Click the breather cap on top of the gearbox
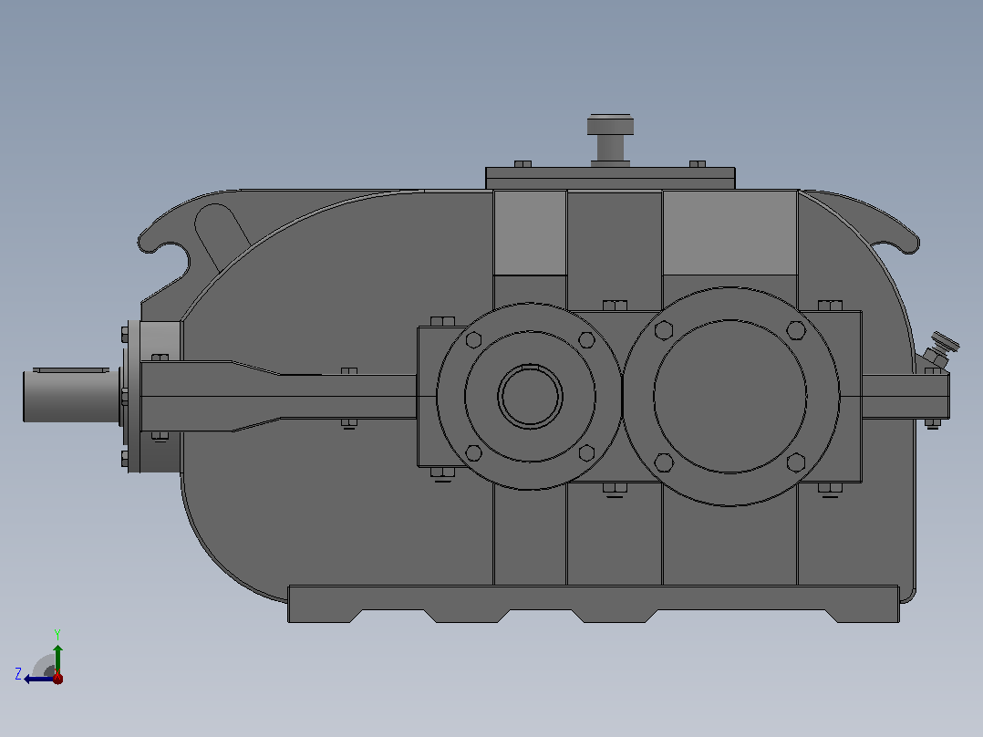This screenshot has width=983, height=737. (x=610, y=140)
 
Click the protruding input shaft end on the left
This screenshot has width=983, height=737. (x=72, y=396)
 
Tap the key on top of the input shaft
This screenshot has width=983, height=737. (x=71, y=370)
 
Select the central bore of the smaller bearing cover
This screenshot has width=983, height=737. (x=531, y=397)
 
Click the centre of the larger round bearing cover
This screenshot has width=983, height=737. (x=730, y=397)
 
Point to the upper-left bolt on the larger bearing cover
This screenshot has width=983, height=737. (x=664, y=330)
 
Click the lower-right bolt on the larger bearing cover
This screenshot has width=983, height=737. (x=796, y=462)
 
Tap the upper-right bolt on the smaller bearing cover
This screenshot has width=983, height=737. (x=587, y=340)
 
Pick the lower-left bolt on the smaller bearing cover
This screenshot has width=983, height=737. (x=474, y=452)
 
